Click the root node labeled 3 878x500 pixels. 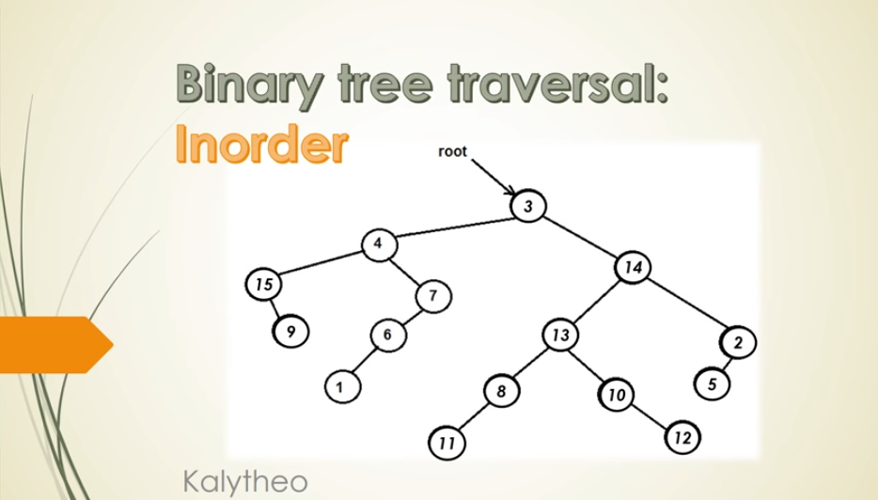[x=528, y=206]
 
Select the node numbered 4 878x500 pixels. [x=379, y=244]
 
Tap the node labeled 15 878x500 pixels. [x=263, y=284]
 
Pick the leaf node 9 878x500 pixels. [x=290, y=332]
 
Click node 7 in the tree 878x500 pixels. [x=433, y=296]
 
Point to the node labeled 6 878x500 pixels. [x=387, y=335]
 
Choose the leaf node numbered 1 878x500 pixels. [x=342, y=386]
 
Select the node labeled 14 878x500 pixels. [x=633, y=267]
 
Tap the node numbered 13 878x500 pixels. [x=560, y=335]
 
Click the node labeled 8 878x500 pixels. [x=501, y=391]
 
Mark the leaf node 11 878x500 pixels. [x=447, y=443]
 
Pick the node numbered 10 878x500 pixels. [x=617, y=395]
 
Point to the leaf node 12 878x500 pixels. [x=682, y=437]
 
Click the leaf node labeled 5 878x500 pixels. [x=712, y=384]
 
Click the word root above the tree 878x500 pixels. [x=452, y=151]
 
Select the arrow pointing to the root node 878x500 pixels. [x=494, y=178]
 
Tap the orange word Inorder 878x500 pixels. [x=261, y=144]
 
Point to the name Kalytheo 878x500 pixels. [x=245, y=481]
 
